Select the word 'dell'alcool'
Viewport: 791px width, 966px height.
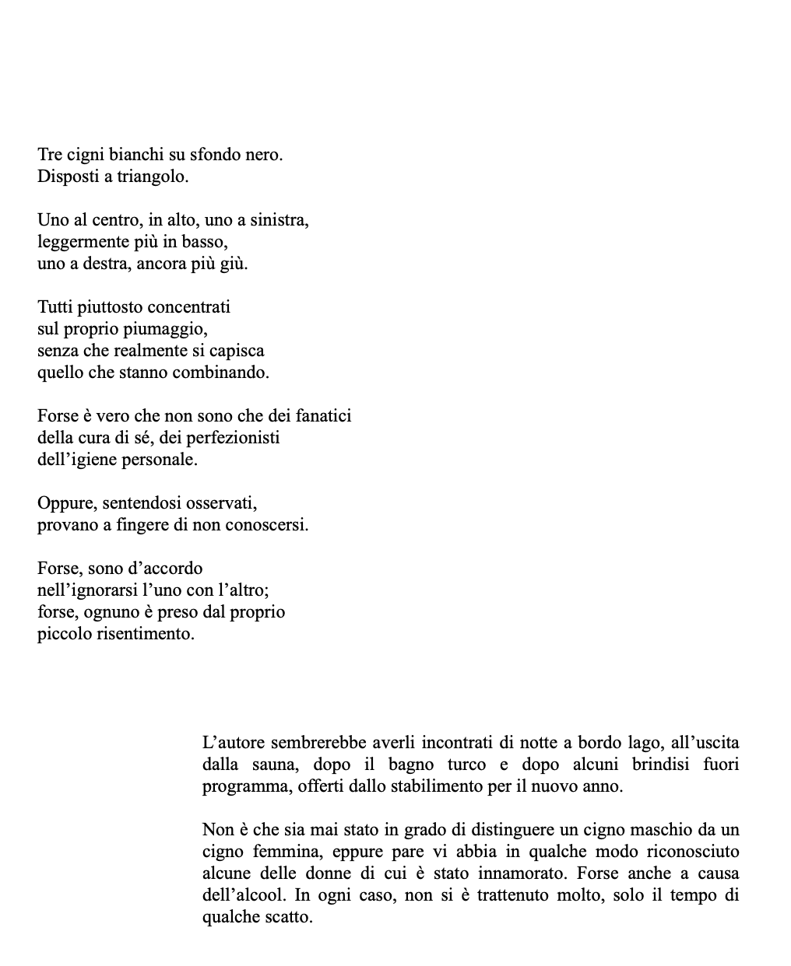point(243,895)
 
